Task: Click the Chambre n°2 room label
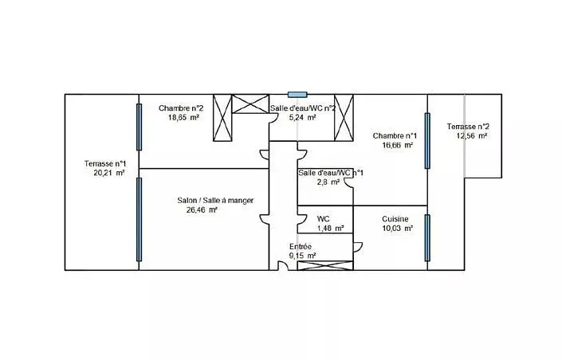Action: point(181,108)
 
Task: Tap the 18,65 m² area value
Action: point(183,117)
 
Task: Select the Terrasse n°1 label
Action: point(105,164)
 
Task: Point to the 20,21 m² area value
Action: point(109,173)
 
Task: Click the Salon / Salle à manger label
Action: point(215,200)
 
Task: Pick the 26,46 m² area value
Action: point(202,210)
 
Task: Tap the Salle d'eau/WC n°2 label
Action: point(303,108)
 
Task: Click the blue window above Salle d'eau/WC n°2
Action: point(297,95)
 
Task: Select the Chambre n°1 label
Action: point(395,135)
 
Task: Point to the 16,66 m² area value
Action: point(398,145)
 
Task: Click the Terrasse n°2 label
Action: point(468,127)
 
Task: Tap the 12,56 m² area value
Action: point(472,135)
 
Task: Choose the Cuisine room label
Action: point(395,219)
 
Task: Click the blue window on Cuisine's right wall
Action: point(427,238)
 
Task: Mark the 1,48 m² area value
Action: point(331,228)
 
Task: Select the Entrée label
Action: point(301,246)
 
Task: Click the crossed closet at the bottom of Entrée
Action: point(325,265)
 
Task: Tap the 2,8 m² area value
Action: point(328,182)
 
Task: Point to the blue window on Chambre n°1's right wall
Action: point(427,141)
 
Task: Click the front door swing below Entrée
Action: point(284,265)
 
